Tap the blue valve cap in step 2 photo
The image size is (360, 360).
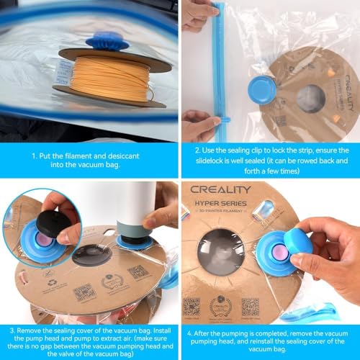pos(262,89)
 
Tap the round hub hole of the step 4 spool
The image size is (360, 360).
pos(220,251)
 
